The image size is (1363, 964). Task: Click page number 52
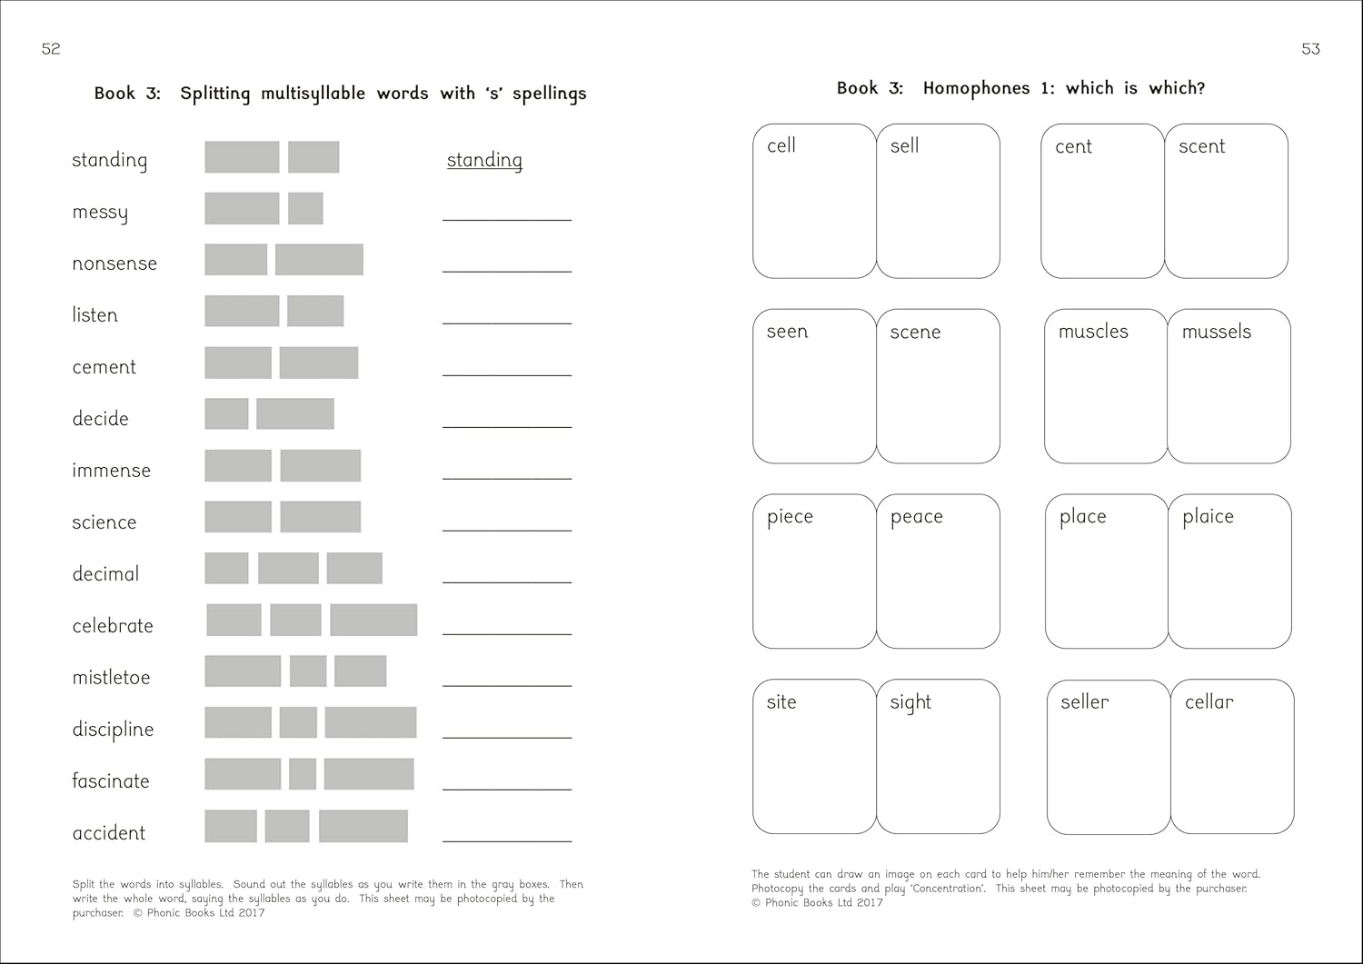[51, 49]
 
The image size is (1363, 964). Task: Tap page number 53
[1310, 49]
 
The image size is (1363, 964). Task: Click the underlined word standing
[484, 160]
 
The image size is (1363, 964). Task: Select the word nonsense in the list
[114, 263]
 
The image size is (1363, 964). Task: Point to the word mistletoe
[111, 678]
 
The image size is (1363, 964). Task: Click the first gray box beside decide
[226, 414]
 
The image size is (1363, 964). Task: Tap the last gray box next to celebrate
[373, 620]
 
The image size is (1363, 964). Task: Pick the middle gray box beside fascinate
[303, 774]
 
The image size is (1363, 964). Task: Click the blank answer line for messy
[507, 218]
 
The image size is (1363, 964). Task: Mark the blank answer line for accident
[507, 840]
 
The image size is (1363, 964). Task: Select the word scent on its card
[1201, 146]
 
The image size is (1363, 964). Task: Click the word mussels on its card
[1216, 332]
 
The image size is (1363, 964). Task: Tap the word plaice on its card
[1208, 517]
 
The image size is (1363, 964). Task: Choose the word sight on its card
[910, 702]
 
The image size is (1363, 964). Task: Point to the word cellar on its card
[1209, 701]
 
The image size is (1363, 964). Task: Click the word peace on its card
[916, 517]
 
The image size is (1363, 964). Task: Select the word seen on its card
[787, 332]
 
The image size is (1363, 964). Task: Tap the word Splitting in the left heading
[214, 94]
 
